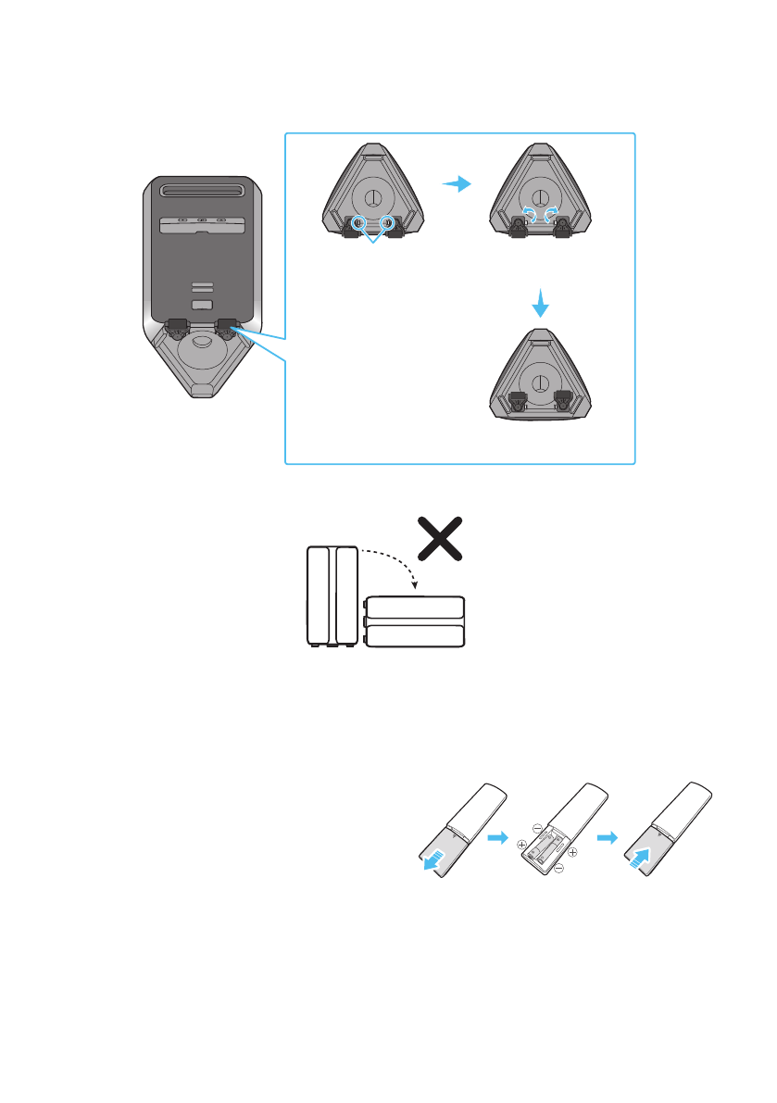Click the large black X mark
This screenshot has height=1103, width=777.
[439, 538]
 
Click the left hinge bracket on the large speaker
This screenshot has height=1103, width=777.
[177, 326]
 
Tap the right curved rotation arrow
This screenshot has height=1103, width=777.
[553, 213]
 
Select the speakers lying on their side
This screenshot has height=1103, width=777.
[414, 621]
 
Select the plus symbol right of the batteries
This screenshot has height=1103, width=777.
[573, 852]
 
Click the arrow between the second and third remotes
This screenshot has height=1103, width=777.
[606, 837]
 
